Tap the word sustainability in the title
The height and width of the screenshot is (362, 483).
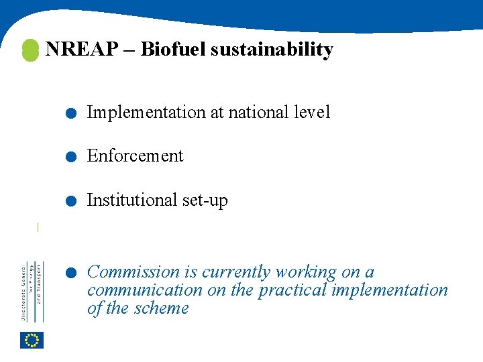click(x=272, y=50)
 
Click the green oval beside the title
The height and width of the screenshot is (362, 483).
click(x=30, y=50)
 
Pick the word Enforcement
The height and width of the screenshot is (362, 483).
click(x=135, y=156)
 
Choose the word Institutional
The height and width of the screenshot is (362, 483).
click(x=132, y=200)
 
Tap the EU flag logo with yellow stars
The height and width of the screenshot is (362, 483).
click(x=32, y=341)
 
